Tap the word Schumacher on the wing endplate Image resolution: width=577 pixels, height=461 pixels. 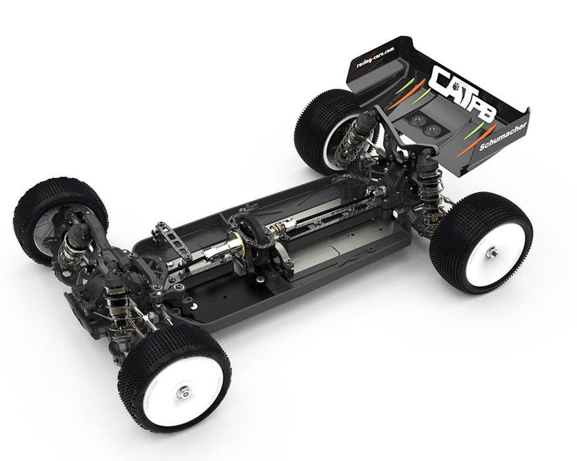click(x=504, y=136)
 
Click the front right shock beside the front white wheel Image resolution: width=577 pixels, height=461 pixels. click(x=119, y=310)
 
